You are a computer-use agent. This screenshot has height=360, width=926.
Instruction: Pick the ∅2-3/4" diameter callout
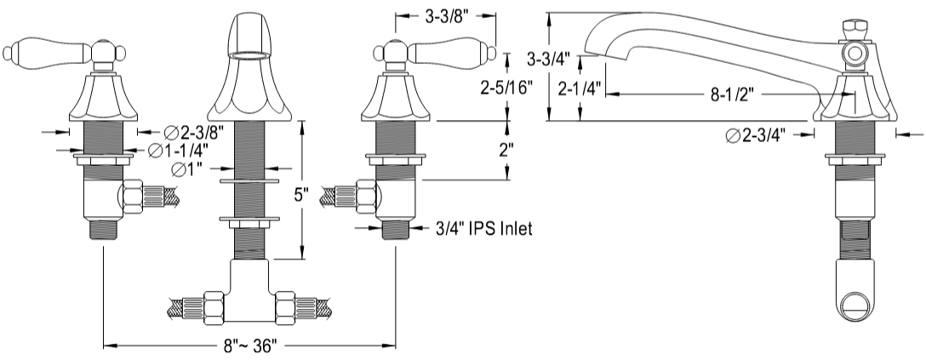point(756,134)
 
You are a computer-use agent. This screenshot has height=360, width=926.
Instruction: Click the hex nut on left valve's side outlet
point(134,200)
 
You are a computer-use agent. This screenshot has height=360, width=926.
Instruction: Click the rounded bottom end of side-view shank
point(853,300)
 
